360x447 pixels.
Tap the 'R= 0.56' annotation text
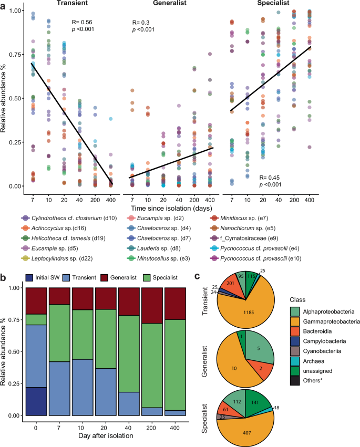[82, 23]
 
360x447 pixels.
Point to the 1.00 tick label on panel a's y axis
[15, 11]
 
